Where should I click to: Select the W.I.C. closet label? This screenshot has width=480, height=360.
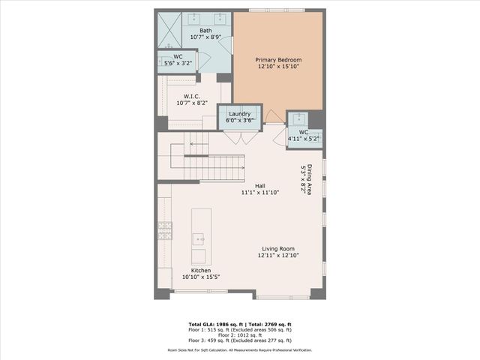(187, 96)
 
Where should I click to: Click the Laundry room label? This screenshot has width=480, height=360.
(240, 114)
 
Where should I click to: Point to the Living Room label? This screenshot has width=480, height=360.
(277, 249)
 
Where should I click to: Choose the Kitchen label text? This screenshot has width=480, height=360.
(200, 270)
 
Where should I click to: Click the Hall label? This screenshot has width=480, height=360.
(260, 186)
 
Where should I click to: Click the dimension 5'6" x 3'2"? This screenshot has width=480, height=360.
(178, 62)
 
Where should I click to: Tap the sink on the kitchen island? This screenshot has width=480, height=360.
(199, 239)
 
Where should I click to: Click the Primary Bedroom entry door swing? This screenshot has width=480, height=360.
(274, 117)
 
